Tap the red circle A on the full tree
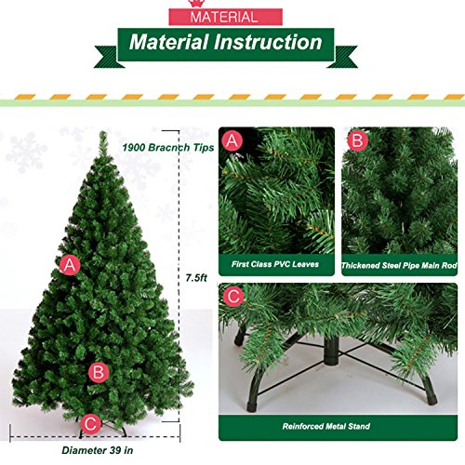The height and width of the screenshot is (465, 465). click(x=68, y=265)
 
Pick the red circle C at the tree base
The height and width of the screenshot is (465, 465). click(x=90, y=423)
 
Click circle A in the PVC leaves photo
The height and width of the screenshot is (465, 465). click(x=233, y=141)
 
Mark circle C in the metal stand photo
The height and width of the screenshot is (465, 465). click(x=233, y=297)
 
